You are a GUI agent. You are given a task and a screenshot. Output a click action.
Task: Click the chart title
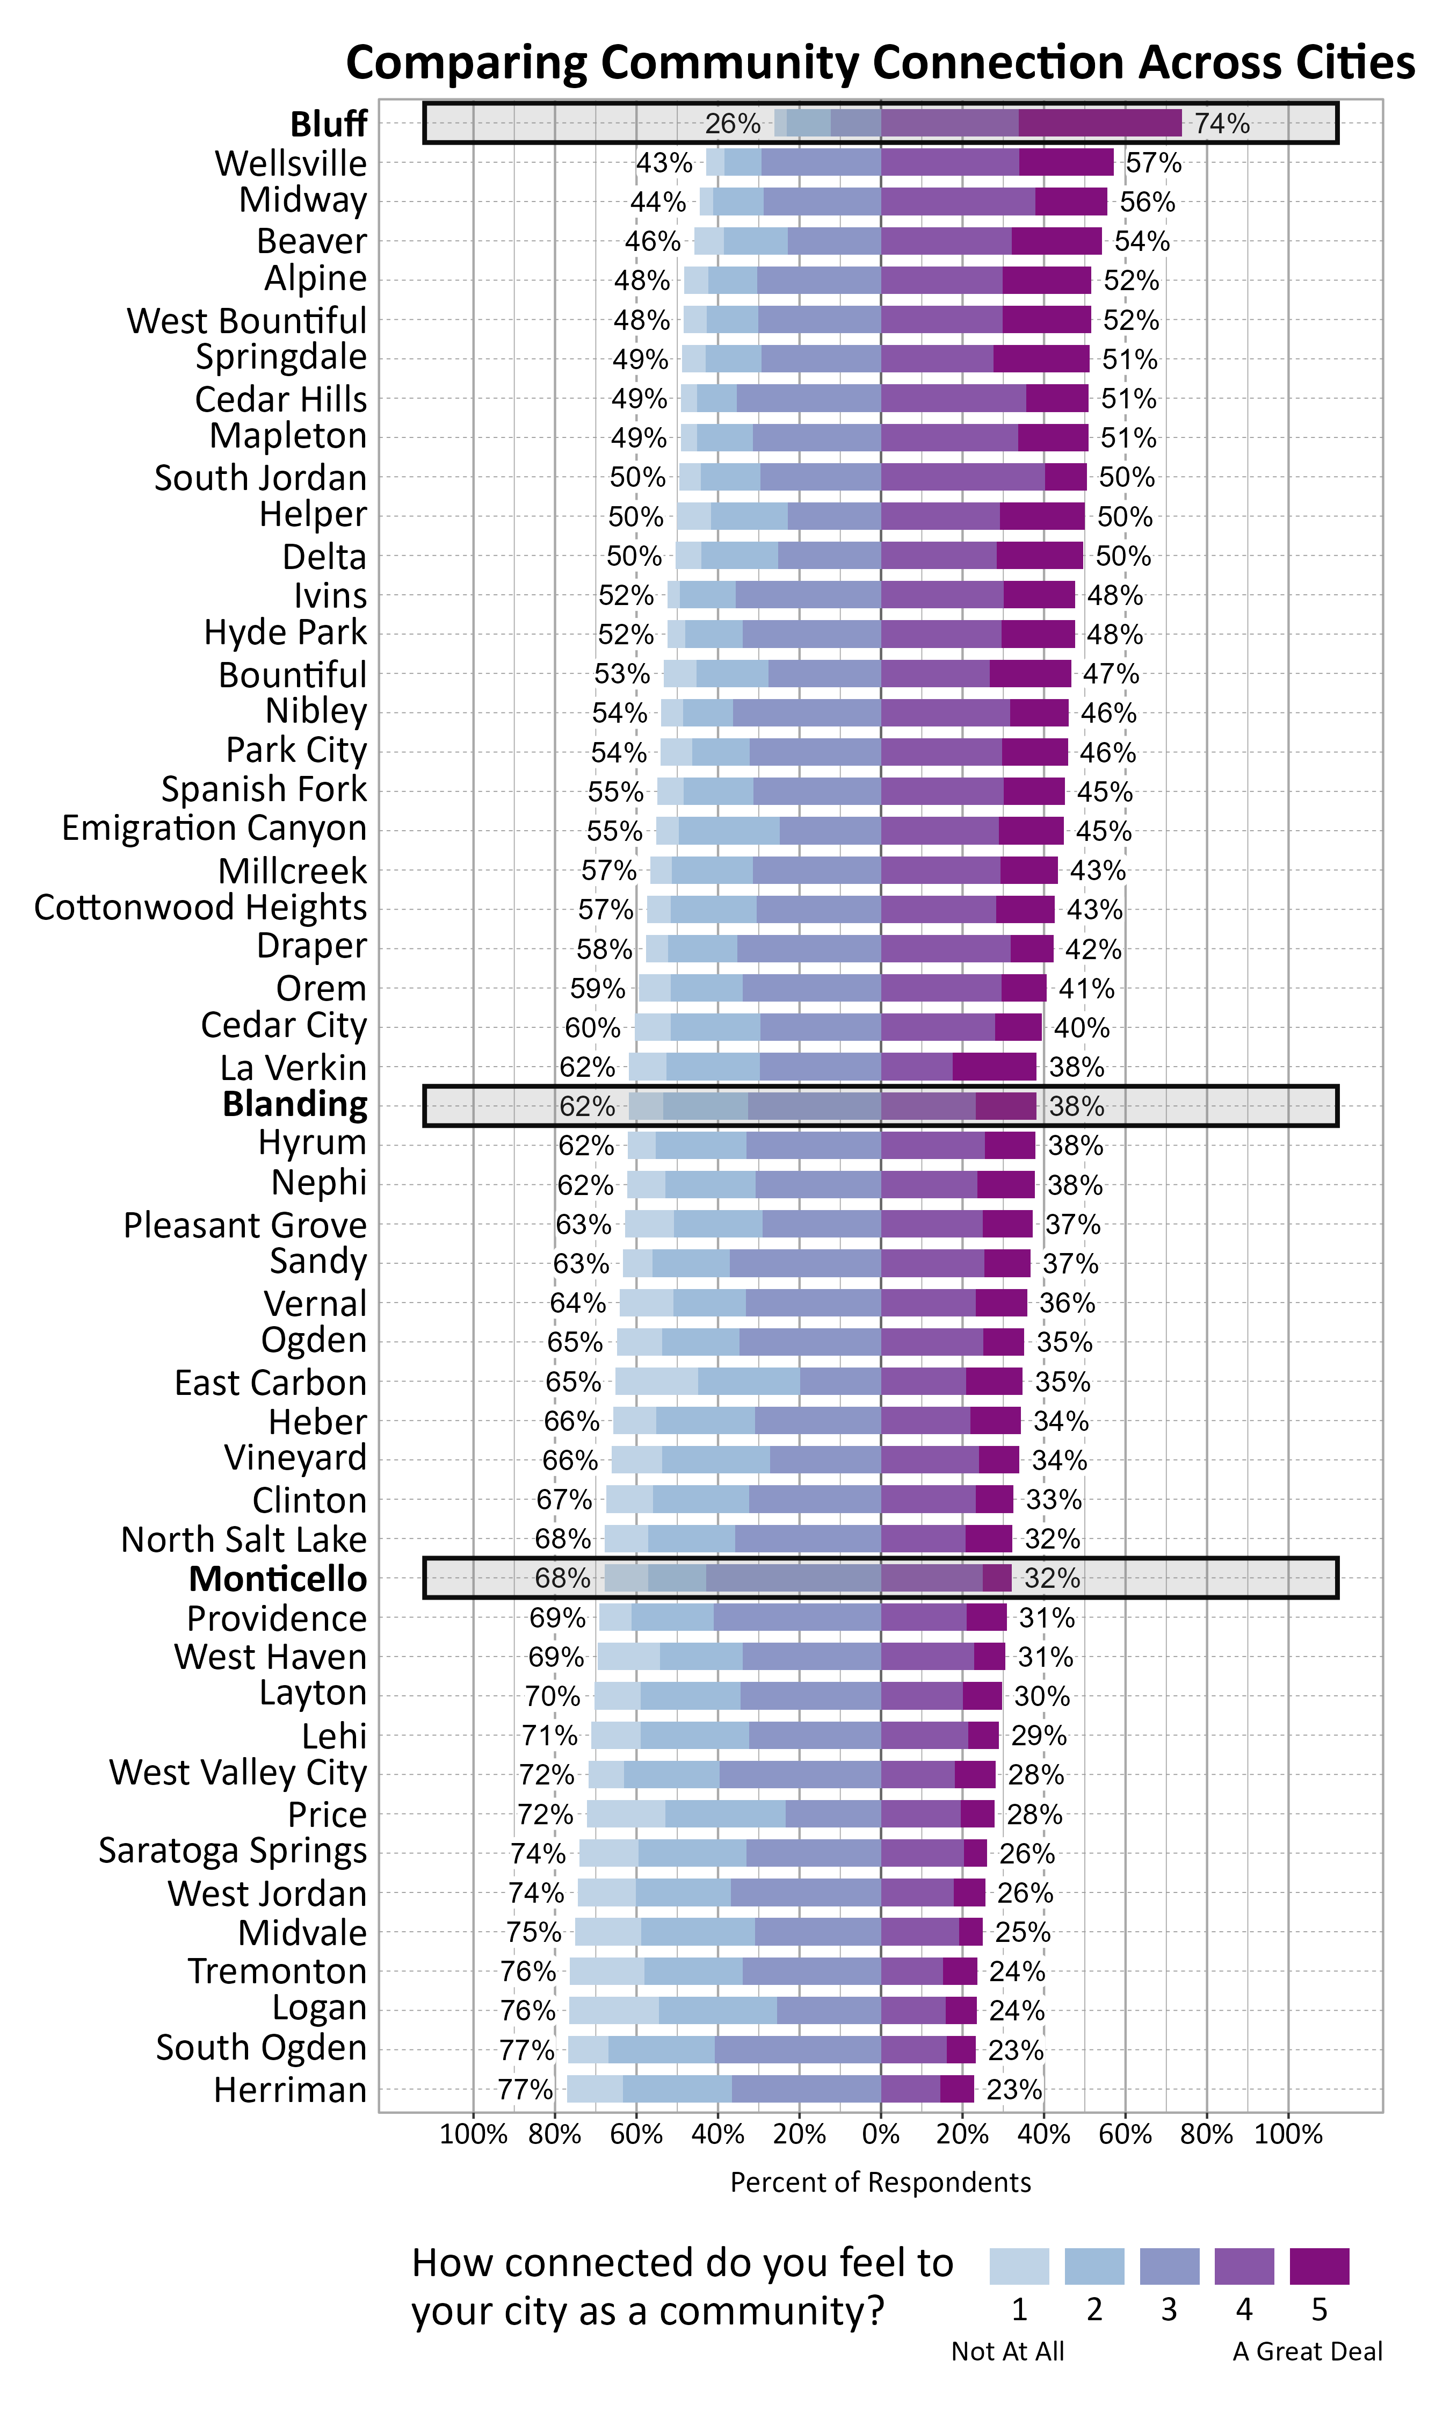pyautogui.click(x=879, y=62)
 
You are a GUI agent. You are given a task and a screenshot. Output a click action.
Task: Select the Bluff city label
pyautogui.click(x=328, y=124)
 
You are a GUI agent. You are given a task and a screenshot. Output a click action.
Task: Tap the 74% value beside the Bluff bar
pyautogui.click(x=1221, y=124)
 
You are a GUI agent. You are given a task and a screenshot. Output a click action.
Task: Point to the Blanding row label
pyautogui.click(x=295, y=1104)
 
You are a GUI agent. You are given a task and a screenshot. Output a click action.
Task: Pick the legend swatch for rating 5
pyautogui.click(x=1319, y=2265)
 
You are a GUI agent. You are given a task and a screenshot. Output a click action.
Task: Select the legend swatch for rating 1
pyautogui.click(x=1019, y=2265)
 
